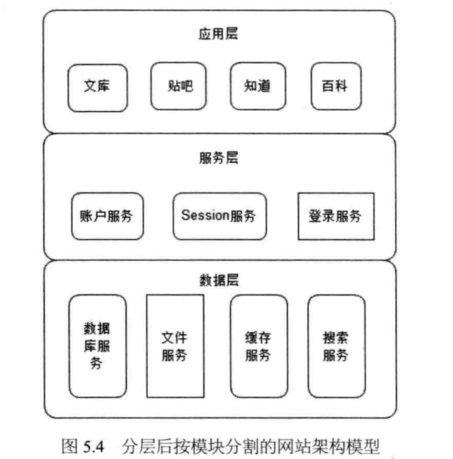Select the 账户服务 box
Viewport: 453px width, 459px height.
point(107,215)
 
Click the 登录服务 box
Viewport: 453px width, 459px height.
point(335,215)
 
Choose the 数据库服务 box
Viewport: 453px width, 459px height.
point(97,346)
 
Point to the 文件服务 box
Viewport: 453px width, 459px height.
point(174,346)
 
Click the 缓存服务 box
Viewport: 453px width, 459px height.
point(258,346)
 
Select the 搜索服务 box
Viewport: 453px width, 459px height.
point(335,346)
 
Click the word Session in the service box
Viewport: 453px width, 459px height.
point(204,215)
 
